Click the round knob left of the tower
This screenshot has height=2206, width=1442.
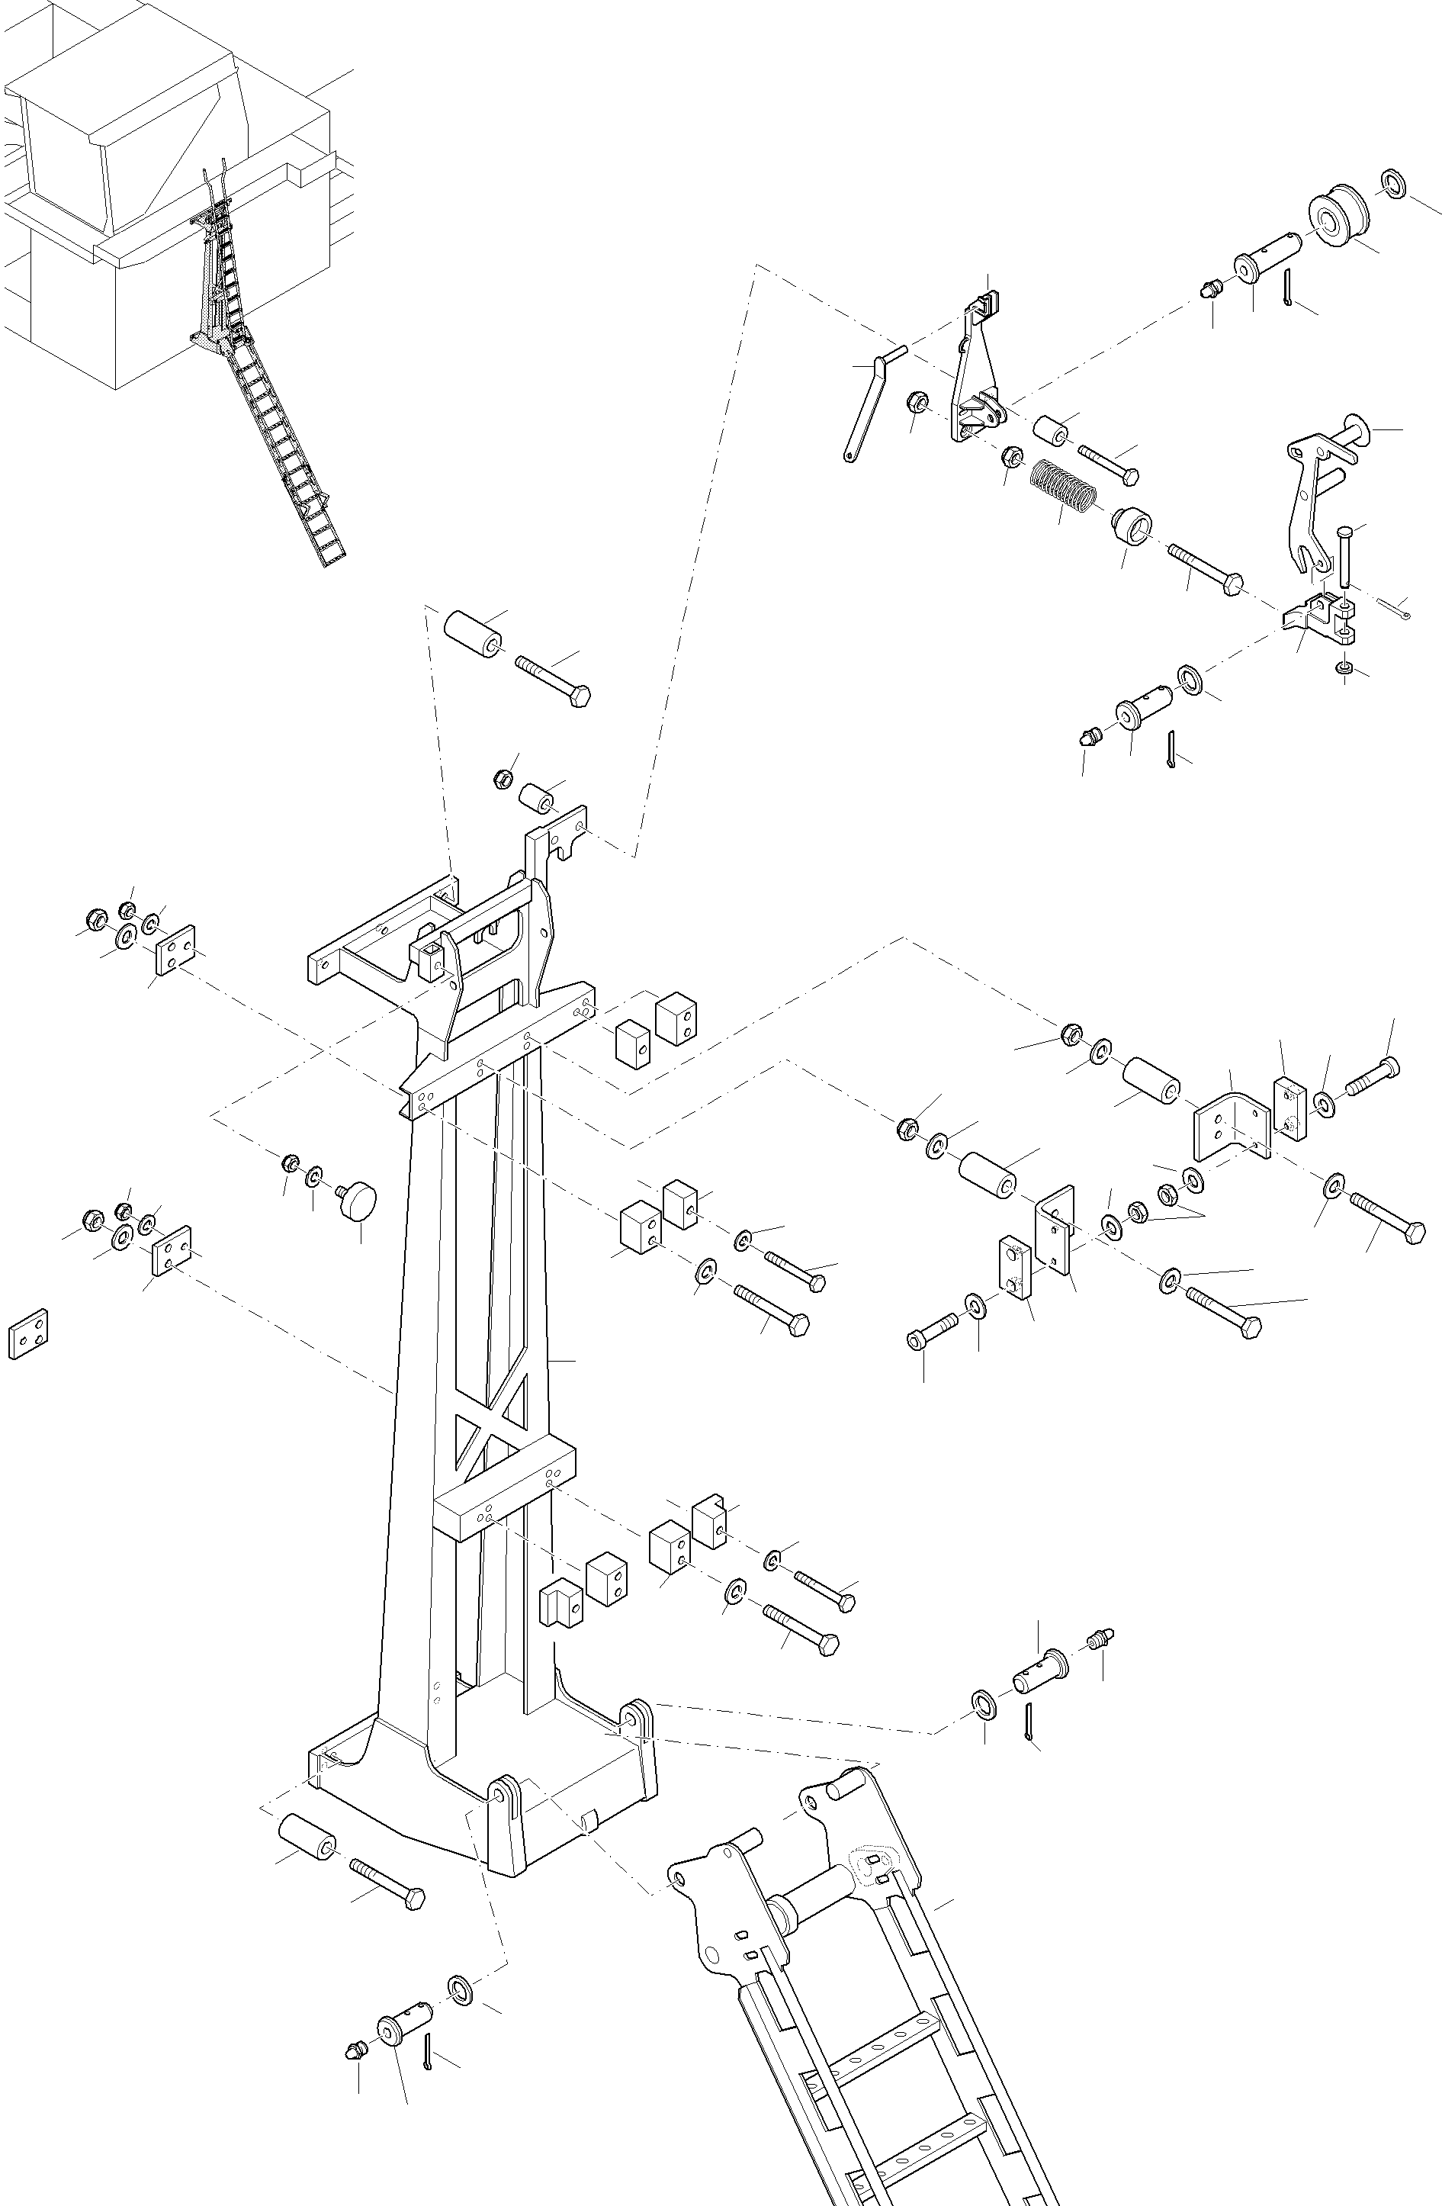click(358, 1201)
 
